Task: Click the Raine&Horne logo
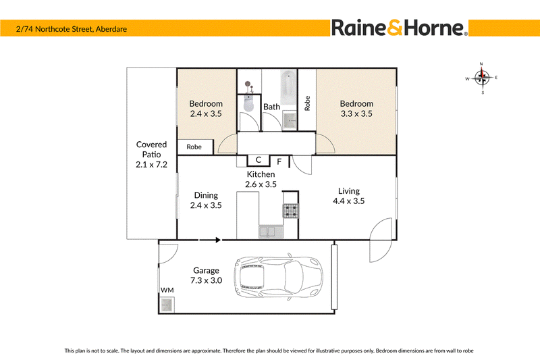pyautogui.click(x=400, y=28)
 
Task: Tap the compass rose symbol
pyautogui.click(x=482, y=78)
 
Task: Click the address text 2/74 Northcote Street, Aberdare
pyautogui.click(x=72, y=29)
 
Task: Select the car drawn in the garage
pyautogui.click(x=278, y=277)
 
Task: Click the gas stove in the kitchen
pyautogui.click(x=291, y=211)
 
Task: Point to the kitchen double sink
pyautogui.click(x=271, y=232)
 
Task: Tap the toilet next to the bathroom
pyautogui.click(x=248, y=103)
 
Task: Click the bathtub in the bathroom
pyautogui.click(x=288, y=88)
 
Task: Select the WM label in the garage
pyautogui.click(x=167, y=290)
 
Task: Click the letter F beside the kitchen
pyautogui.click(x=279, y=161)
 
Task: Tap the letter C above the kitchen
pyautogui.click(x=259, y=160)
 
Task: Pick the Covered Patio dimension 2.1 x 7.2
pyautogui.click(x=151, y=165)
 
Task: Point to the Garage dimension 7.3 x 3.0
pyautogui.click(x=207, y=280)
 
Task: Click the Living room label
pyautogui.click(x=349, y=191)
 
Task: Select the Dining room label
pyautogui.click(x=206, y=195)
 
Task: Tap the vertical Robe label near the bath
pyautogui.click(x=307, y=103)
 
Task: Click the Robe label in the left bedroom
pyautogui.click(x=194, y=147)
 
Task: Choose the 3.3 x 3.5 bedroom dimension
pyautogui.click(x=356, y=113)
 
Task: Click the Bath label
pyautogui.click(x=272, y=107)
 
